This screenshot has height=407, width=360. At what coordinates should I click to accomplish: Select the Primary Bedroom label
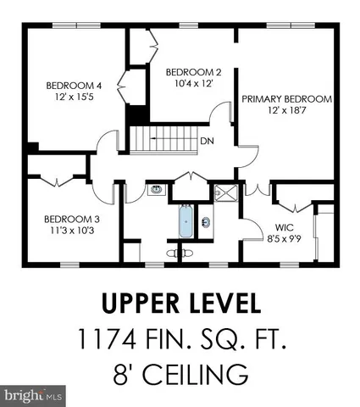286,99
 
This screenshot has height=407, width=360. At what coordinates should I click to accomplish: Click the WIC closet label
284,227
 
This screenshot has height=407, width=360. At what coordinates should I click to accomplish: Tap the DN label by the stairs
206,141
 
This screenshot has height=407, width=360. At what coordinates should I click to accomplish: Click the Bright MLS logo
34,396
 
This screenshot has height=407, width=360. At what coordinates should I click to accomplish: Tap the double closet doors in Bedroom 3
56,181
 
